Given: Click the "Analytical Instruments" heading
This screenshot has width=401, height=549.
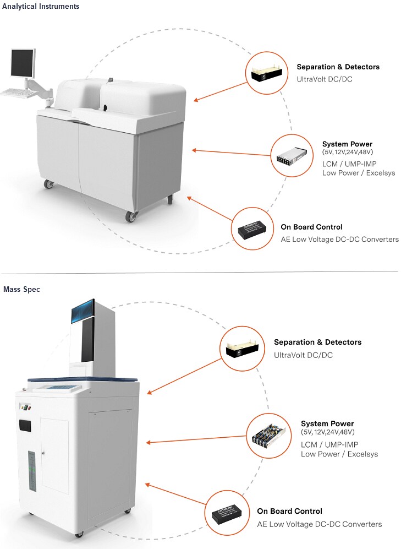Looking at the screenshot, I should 41,7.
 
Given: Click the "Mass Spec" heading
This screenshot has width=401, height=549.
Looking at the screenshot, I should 21,289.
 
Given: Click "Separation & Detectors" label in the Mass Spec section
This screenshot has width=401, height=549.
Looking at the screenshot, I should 317,343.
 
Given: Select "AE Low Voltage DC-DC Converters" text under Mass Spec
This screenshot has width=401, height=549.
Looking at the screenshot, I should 319,524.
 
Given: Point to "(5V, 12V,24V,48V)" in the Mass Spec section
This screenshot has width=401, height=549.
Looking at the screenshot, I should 327,432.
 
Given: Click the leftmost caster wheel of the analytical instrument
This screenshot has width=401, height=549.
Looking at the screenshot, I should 49,184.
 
